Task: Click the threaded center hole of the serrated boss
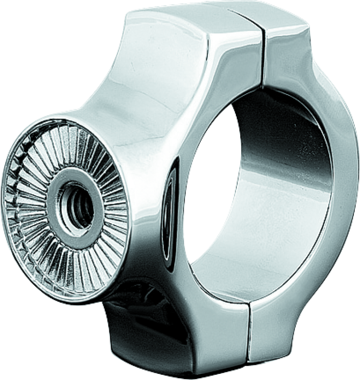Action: pyautogui.click(x=75, y=208)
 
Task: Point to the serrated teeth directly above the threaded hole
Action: pyautogui.click(x=76, y=147)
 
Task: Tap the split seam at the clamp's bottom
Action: pyautogui.click(x=248, y=332)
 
